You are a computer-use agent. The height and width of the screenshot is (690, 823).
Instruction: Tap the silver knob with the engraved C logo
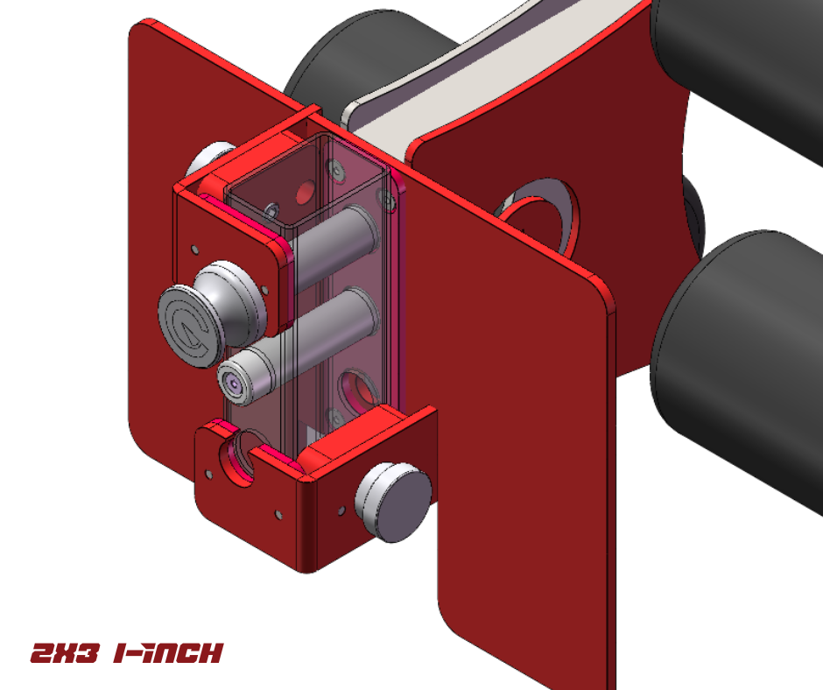click(x=187, y=320)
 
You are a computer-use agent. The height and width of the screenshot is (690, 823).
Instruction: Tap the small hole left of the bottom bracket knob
click(x=338, y=507)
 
